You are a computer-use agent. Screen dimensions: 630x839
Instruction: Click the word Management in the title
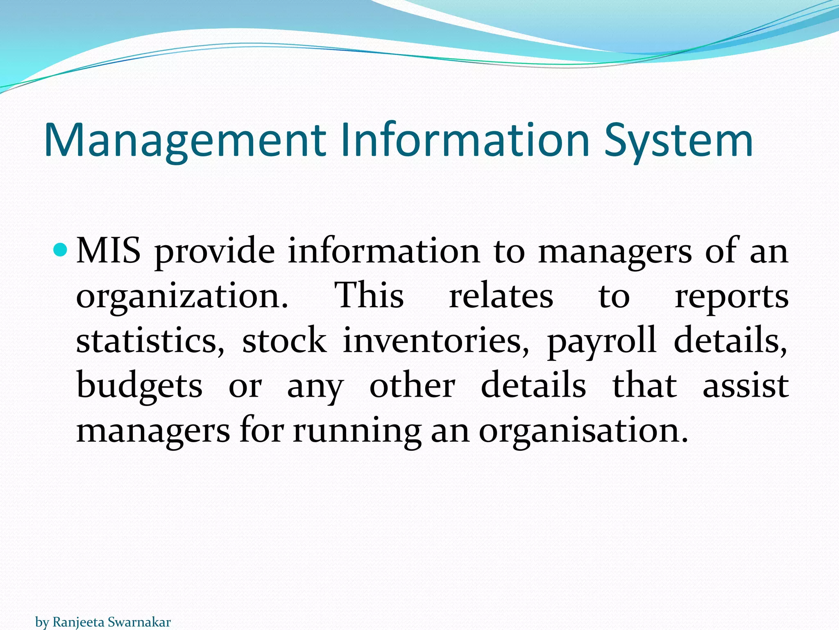[185, 141]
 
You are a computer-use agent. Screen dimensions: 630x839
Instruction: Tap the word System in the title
[678, 141]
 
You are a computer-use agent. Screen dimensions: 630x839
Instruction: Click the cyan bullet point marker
[60, 249]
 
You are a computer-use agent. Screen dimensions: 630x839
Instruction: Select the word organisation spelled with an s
[583, 431]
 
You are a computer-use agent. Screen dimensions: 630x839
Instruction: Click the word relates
[501, 296]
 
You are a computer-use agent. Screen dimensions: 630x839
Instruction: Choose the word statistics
[150, 341]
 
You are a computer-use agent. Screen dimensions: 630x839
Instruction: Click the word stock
[284, 340]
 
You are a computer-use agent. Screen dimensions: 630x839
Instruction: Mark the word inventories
[436, 341]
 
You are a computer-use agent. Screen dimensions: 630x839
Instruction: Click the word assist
[746, 386]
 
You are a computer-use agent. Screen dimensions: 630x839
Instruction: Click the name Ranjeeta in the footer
[79, 622]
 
